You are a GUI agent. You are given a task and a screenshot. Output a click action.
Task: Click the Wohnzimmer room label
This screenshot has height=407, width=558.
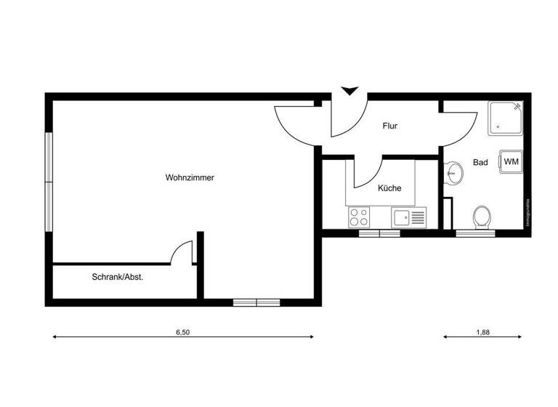[190, 177]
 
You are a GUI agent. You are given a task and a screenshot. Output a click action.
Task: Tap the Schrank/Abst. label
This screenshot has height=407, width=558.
[117, 277]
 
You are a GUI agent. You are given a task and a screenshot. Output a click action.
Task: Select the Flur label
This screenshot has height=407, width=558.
[390, 126]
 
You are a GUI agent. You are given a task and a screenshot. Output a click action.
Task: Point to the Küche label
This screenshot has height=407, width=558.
[389, 188]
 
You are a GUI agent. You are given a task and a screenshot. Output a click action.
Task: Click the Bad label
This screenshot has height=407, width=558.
[480, 163]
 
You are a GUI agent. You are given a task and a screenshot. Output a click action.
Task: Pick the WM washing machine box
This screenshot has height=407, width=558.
[511, 161]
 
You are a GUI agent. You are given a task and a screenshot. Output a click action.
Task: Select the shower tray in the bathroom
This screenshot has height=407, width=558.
[505, 118]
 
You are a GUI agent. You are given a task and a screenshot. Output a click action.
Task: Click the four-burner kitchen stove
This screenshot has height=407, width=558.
[358, 217]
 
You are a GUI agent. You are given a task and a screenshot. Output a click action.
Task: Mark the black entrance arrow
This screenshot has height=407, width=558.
[350, 91]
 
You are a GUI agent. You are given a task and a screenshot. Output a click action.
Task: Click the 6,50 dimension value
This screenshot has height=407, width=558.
[182, 332]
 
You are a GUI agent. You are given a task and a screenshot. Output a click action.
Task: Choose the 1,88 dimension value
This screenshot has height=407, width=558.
[482, 332]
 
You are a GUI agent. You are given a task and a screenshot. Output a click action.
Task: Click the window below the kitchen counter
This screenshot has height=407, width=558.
[379, 233]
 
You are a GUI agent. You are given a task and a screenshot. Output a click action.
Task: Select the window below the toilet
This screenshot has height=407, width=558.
[474, 233]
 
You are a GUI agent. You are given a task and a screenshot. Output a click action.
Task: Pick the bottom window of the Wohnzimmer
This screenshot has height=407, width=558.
[256, 302]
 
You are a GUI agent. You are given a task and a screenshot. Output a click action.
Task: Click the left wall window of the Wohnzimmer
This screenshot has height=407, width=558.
[48, 182]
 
